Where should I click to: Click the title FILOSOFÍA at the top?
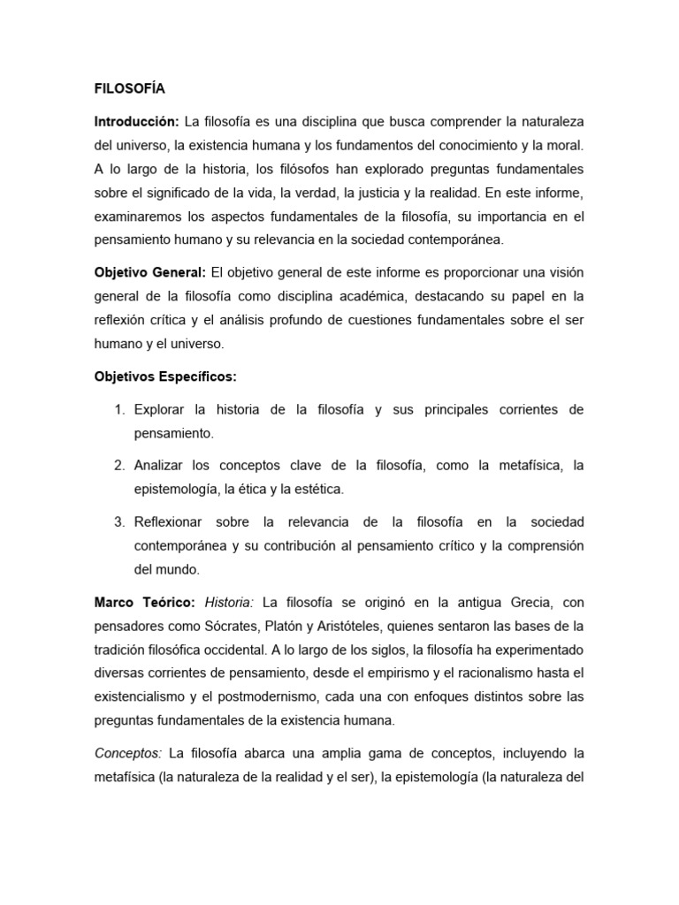pyautogui.click(x=129, y=89)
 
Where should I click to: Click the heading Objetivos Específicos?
pyautogui.click(x=165, y=376)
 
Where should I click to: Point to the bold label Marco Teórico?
pyautogui.click(x=143, y=603)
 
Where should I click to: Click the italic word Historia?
pyautogui.click(x=229, y=603)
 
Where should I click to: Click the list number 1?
pyautogui.click(x=118, y=410)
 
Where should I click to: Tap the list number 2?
pyautogui.click(x=118, y=465)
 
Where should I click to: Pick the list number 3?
pyautogui.click(x=118, y=521)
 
